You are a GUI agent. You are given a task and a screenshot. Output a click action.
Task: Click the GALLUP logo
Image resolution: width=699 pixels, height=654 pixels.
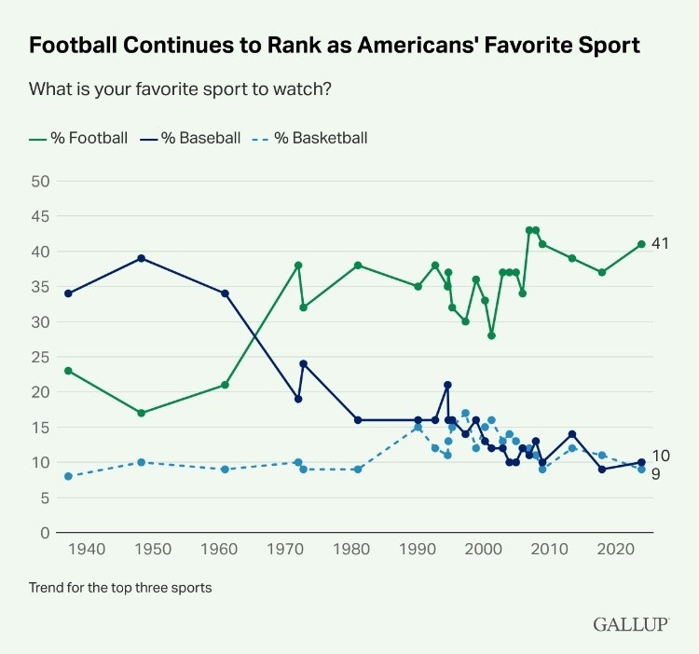(x=631, y=624)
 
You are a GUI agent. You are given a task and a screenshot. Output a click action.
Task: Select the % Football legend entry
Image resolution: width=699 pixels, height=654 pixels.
(x=78, y=138)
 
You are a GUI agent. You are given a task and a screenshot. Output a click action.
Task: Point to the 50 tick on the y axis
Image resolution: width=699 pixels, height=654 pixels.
(x=40, y=181)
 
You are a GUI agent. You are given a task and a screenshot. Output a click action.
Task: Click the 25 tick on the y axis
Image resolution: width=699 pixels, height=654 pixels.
(x=40, y=357)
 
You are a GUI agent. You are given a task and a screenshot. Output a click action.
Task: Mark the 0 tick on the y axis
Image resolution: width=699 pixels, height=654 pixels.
(x=45, y=533)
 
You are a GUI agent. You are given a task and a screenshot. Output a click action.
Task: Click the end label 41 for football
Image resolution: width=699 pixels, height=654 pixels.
(x=660, y=244)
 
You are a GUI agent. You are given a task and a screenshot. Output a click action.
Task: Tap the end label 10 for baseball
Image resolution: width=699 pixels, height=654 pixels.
(x=660, y=456)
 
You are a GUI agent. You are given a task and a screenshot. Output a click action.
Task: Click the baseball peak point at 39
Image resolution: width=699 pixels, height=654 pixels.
(x=141, y=258)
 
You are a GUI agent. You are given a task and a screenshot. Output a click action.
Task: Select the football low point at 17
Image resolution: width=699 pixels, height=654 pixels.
(x=141, y=413)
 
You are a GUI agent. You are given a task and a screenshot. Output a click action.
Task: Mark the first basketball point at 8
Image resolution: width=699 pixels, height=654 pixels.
(x=68, y=476)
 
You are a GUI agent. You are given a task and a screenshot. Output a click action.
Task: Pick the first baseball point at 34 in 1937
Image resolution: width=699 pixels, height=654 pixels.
(x=68, y=293)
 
